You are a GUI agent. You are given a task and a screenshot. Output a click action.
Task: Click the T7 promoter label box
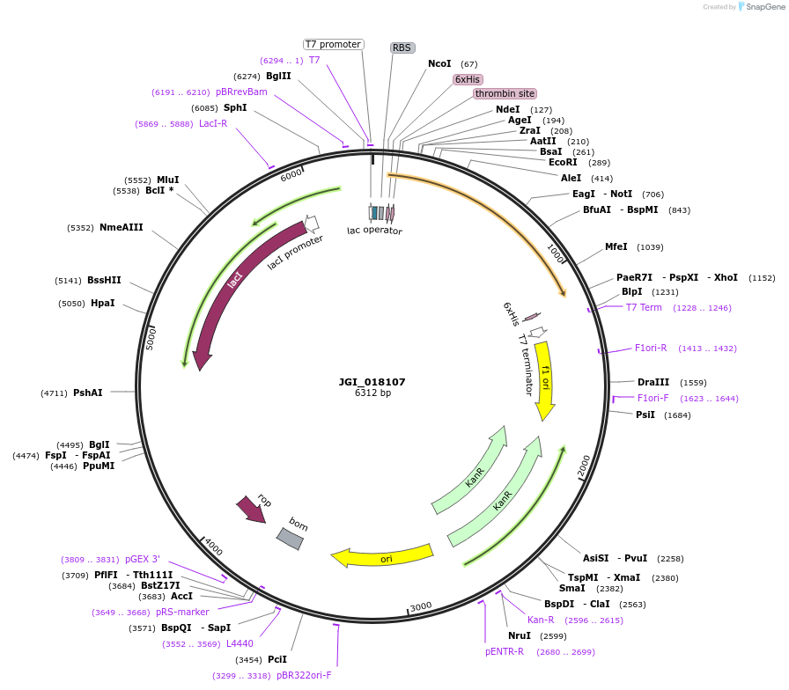coord(333,44)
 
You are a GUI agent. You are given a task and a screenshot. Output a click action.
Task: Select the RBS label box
coord(402,48)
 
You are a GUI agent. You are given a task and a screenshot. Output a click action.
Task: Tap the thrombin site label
coord(505,93)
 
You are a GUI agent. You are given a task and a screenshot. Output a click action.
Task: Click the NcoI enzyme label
coord(439,63)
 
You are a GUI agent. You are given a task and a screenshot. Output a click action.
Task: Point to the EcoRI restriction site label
coord(563,162)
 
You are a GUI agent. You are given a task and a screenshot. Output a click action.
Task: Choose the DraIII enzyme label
coord(653,382)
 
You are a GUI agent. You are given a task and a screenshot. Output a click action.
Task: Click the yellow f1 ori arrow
coord(545,378)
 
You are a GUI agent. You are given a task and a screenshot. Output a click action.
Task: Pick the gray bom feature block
coord(290,538)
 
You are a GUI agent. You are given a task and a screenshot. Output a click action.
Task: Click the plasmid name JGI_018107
coord(372,382)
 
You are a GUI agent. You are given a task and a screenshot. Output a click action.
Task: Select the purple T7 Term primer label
coord(644,307)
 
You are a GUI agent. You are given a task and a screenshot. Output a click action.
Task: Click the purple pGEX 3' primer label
coord(143,559)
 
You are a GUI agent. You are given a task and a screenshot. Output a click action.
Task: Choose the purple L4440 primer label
coord(240,643)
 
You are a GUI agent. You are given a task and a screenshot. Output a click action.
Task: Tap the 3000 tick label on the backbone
coord(421,606)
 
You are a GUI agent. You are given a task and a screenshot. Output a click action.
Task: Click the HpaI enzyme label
coord(103,303)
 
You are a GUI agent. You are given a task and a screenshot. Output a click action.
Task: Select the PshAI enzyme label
coord(87,393)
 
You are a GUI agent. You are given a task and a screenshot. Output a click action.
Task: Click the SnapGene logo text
coord(760,7)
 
